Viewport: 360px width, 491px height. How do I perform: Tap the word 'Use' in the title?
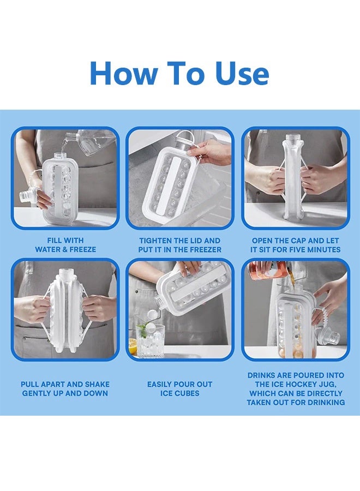pos(242,74)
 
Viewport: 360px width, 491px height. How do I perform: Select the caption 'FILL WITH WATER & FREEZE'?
pos(65,245)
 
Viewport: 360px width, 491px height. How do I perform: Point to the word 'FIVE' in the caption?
pos(301,250)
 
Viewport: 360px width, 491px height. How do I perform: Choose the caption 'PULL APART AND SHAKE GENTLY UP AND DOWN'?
pos(65,388)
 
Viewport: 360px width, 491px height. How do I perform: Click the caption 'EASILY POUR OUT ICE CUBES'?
pos(179,388)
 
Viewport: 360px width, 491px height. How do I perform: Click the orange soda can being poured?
pos(267,270)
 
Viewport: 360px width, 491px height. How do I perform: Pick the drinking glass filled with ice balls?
pos(149,338)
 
